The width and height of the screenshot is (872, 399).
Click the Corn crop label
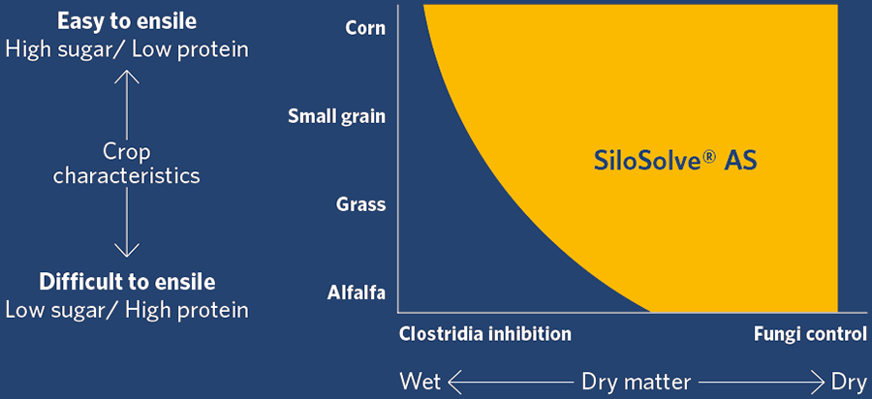(365, 28)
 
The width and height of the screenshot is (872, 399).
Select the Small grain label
(336, 117)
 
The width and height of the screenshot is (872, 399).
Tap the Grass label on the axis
(361, 204)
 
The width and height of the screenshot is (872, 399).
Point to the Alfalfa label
(357, 292)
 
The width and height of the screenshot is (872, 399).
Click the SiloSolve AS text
(675, 162)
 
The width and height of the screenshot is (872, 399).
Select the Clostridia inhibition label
(485, 334)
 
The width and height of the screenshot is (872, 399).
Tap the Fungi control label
(810, 334)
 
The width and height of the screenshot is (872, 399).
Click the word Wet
(421, 383)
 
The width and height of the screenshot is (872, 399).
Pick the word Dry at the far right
(849, 383)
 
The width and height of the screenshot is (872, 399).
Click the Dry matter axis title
(637, 383)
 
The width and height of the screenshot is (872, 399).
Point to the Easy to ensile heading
(127, 21)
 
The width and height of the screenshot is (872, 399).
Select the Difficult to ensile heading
(127, 282)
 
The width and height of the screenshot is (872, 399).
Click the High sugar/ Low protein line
(127, 49)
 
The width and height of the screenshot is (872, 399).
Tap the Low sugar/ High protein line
(127, 310)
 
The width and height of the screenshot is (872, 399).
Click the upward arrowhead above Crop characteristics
(127, 77)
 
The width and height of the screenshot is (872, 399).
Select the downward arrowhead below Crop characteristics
(127, 251)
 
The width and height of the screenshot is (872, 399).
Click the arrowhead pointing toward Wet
(454, 383)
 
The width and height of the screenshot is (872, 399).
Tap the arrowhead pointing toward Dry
(818, 383)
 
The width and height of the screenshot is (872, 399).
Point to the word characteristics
(127, 176)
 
